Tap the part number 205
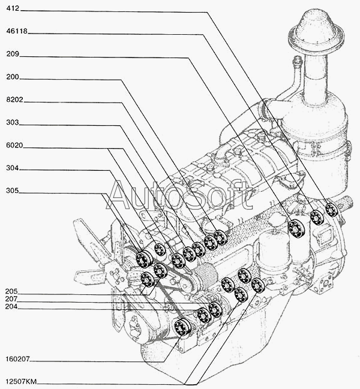[x=12, y=291]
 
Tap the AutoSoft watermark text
[x=179, y=194]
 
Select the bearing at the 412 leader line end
[x=331, y=210]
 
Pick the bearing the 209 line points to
[x=295, y=228]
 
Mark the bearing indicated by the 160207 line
[x=181, y=327]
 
